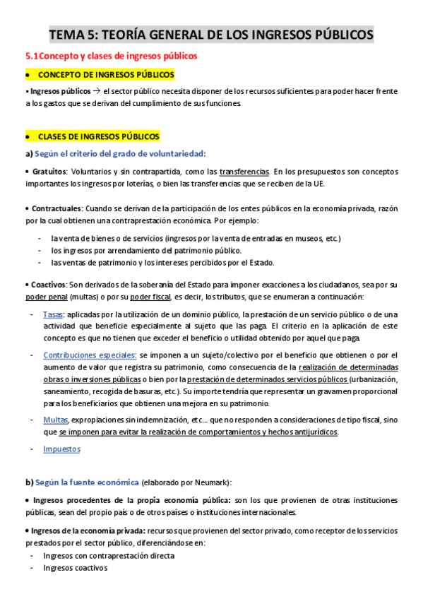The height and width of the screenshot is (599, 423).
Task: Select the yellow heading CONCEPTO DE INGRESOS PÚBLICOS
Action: (x=106, y=74)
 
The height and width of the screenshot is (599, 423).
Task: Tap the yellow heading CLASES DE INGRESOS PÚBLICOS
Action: (x=99, y=136)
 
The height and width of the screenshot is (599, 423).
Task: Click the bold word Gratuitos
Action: (x=49, y=172)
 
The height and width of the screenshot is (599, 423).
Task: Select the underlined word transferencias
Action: (x=244, y=172)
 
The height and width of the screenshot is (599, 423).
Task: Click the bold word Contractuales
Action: (x=56, y=209)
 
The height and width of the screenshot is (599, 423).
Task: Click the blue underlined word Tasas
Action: (x=53, y=314)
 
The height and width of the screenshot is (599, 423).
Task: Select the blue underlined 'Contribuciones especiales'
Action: (x=90, y=355)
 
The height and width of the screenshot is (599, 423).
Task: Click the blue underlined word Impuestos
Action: (x=61, y=449)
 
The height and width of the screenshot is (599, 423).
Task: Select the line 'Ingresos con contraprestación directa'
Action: (x=108, y=555)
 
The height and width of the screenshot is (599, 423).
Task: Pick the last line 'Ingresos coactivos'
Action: (x=75, y=568)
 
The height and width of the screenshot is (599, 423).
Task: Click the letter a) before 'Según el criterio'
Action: (x=29, y=153)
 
